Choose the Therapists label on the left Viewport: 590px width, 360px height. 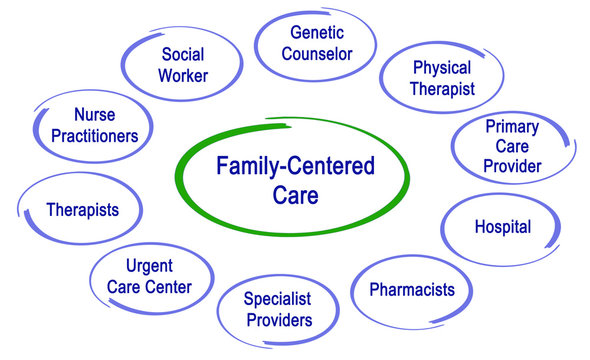[82, 210]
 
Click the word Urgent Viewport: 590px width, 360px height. [149, 266]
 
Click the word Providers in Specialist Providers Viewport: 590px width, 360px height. [278, 320]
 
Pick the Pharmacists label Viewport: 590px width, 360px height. [412, 290]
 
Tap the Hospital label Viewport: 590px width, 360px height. [502, 227]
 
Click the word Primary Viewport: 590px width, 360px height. [512, 126]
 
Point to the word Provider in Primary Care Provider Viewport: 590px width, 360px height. [512, 166]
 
